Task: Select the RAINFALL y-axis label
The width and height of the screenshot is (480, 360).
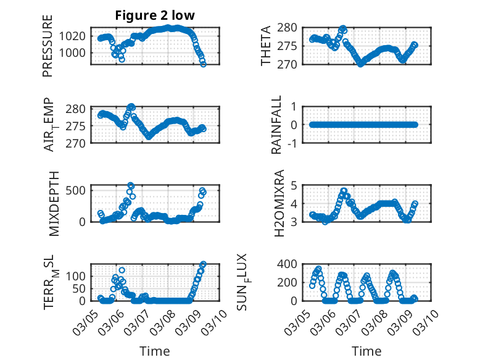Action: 277,125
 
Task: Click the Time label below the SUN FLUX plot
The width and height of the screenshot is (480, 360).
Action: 366,351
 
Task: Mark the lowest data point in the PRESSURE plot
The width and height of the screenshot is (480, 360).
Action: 204,64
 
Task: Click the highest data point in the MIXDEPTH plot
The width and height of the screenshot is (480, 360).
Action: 130,185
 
